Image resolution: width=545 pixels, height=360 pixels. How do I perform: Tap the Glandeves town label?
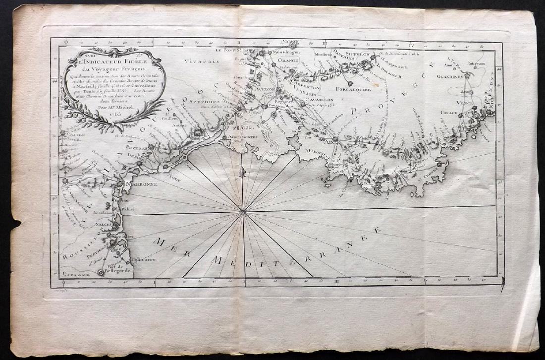tap(450, 77)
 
